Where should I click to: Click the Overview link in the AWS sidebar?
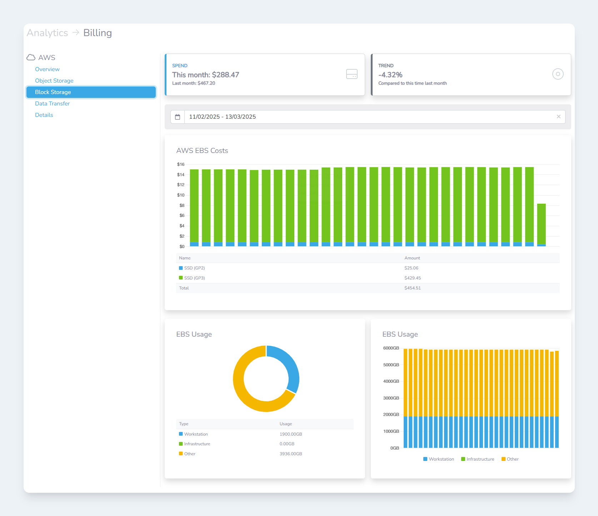(x=47, y=69)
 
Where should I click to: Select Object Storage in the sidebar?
(x=54, y=81)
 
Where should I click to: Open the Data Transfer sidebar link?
(x=52, y=104)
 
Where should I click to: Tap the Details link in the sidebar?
(x=44, y=115)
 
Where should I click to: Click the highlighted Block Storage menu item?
(x=91, y=92)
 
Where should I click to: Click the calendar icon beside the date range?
(x=178, y=117)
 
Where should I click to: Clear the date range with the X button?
(x=558, y=117)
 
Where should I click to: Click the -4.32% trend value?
(x=390, y=75)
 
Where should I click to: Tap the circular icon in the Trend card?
(x=558, y=74)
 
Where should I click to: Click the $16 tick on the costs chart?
(x=181, y=164)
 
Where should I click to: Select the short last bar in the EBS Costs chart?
(x=541, y=224)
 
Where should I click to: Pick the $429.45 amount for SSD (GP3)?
(x=413, y=278)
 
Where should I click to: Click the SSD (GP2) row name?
(x=194, y=268)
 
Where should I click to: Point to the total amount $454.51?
(x=413, y=288)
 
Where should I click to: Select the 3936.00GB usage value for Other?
(x=291, y=454)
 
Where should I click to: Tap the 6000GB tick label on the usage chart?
(x=391, y=348)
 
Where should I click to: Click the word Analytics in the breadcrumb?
(x=48, y=33)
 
